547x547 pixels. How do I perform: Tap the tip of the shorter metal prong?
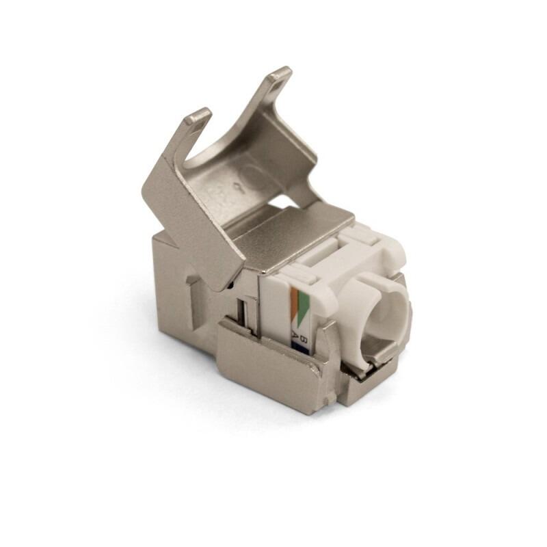pyautogui.click(x=198, y=116)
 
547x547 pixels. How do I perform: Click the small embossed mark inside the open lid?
pyautogui.click(x=237, y=186)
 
